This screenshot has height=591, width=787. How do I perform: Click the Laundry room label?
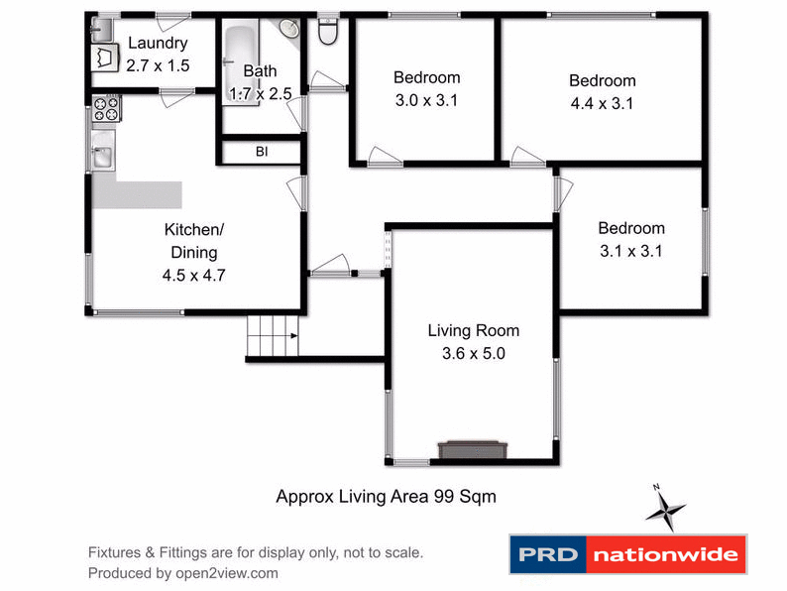pos(157,44)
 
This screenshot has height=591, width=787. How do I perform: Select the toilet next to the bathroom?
pos(328,33)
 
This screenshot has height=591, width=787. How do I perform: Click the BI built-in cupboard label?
pos(262,152)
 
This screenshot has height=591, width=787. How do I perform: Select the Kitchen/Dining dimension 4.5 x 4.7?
pos(194,276)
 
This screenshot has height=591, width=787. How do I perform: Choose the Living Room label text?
pos(473,330)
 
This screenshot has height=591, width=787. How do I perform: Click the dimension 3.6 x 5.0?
pos(473,352)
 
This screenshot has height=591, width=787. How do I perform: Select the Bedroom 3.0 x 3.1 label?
pos(426,77)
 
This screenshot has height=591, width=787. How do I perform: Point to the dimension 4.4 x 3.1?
pos(602,102)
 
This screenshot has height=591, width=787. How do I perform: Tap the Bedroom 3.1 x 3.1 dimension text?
pos(631,251)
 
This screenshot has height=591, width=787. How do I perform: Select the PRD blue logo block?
pos(548,554)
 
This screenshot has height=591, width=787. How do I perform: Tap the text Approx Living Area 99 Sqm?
pos(386,497)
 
